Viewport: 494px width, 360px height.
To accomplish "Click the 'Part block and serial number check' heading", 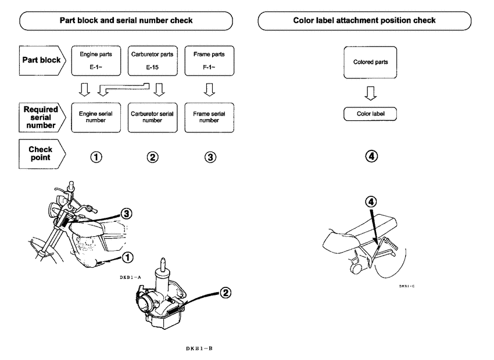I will click(127, 20).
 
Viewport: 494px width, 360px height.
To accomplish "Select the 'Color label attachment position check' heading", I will click(364, 20).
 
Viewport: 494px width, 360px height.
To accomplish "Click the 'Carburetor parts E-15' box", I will click(152, 60).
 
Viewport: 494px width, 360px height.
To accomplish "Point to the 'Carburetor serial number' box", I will click(152, 118).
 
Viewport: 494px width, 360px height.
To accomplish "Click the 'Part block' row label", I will click(41, 60).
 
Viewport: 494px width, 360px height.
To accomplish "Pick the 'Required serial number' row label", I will click(41, 118).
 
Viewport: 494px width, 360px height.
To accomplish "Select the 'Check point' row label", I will click(41, 153).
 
